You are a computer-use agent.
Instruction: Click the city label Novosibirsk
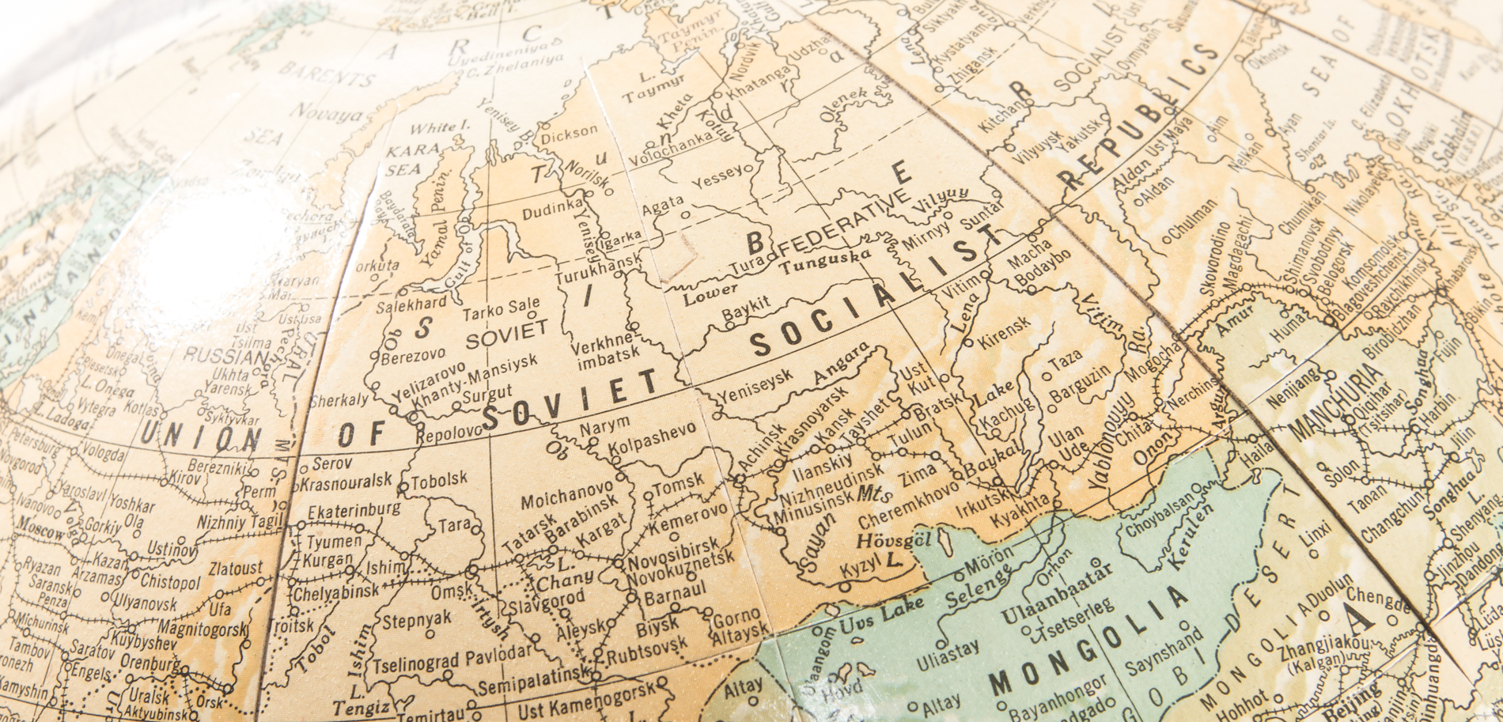(x=674, y=548)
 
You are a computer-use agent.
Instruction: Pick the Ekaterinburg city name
(x=354, y=510)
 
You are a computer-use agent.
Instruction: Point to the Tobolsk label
(x=438, y=480)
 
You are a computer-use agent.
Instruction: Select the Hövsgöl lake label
(x=880, y=542)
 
